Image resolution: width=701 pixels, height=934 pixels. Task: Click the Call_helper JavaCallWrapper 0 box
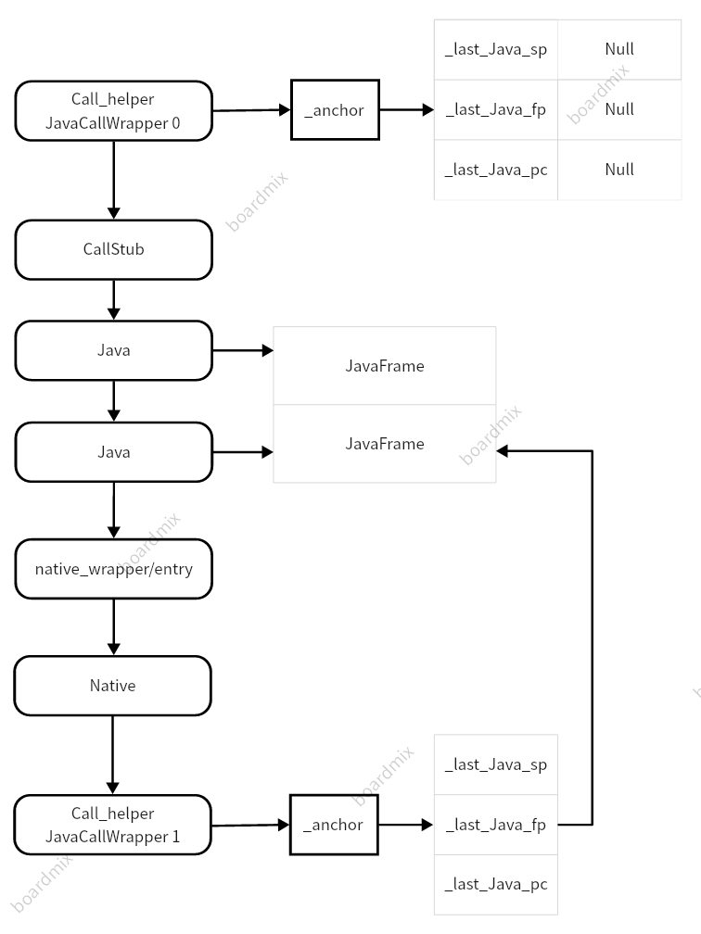(x=114, y=110)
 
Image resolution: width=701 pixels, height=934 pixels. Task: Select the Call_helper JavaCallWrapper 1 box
(x=114, y=825)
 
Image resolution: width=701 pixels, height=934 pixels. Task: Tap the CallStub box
(x=114, y=249)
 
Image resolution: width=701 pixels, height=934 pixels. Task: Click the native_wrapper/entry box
(x=114, y=569)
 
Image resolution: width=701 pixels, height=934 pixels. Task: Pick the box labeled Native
(x=113, y=686)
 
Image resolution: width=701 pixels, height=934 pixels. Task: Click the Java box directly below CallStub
(x=114, y=350)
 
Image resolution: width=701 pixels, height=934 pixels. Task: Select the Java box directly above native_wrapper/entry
(x=114, y=452)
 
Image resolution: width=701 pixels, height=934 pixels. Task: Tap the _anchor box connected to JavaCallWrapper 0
(x=334, y=110)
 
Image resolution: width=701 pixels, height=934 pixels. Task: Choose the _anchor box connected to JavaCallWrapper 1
(x=334, y=825)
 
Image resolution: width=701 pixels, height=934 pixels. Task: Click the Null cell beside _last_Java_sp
(x=619, y=49)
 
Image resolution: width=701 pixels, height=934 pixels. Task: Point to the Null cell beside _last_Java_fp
(x=619, y=109)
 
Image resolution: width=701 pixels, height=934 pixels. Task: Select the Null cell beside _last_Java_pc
(x=619, y=170)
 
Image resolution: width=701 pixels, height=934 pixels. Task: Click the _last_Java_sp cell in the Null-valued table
(x=496, y=49)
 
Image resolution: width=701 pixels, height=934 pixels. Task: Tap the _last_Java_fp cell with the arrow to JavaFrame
(x=496, y=825)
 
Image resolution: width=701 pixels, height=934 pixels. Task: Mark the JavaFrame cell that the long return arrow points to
(x=385, y=444)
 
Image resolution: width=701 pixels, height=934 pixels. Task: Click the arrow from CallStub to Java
(x=114, y=299)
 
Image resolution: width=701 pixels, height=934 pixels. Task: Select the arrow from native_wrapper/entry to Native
(x=114, y=626)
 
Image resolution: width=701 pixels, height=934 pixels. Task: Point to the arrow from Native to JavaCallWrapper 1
(x=113, y=754)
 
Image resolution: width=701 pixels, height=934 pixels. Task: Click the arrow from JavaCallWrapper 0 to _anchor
(x=251, y=110)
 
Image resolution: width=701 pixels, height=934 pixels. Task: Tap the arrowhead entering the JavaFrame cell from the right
(x=503, y=451)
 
